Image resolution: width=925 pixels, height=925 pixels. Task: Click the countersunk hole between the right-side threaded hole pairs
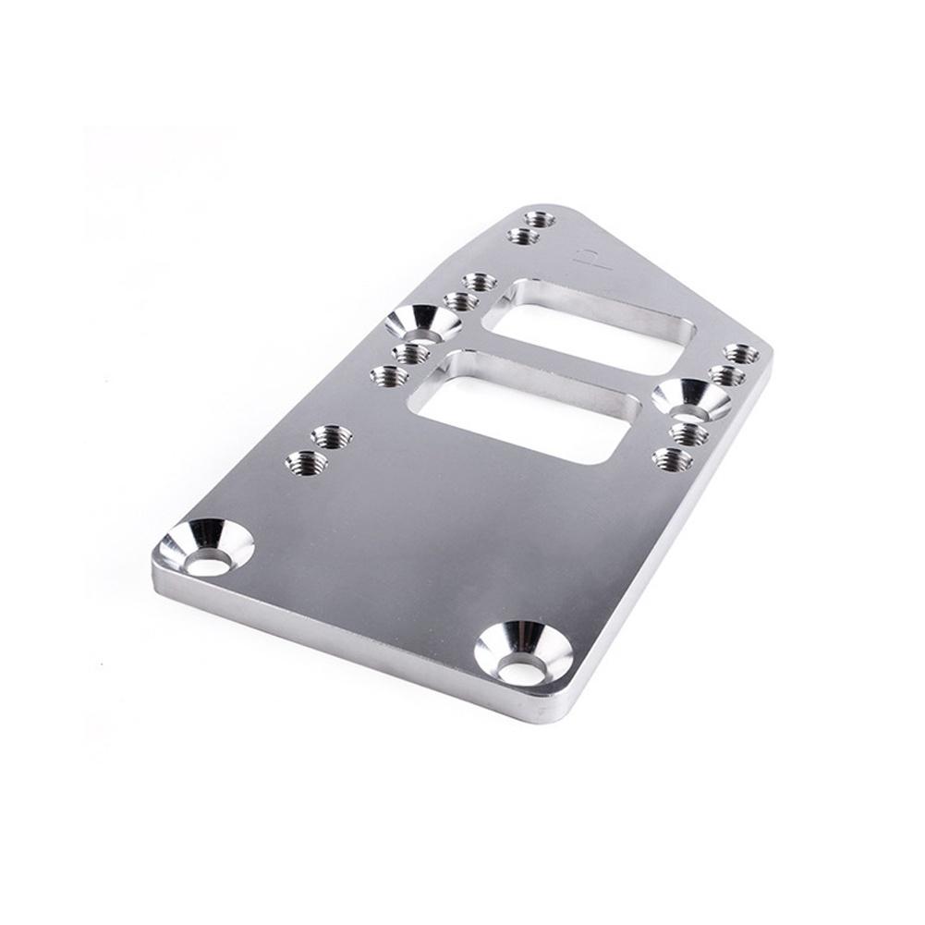690,400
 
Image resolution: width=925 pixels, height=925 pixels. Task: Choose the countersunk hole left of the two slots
423,323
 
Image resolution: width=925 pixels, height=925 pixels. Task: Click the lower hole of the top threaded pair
523,237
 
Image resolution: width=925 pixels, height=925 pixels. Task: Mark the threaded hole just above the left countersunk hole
460,300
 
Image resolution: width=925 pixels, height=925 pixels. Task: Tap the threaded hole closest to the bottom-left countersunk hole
304,459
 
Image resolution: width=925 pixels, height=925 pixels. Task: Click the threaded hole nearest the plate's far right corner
742,354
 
